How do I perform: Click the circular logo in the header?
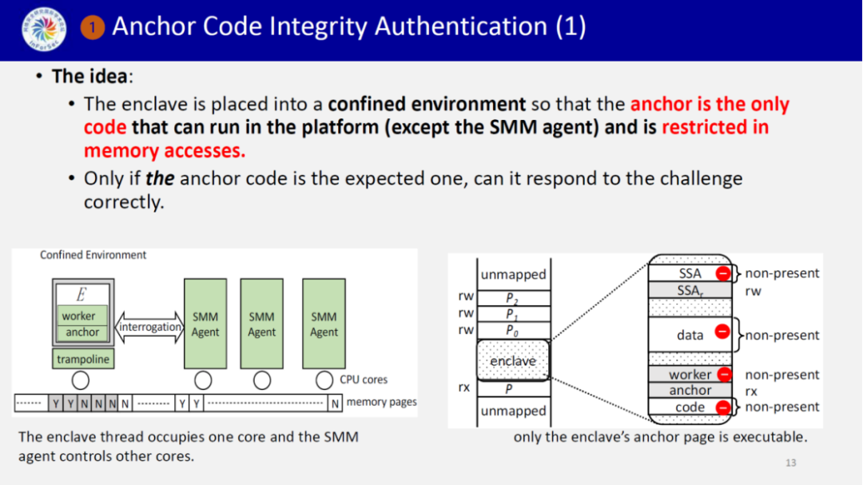(44, 29)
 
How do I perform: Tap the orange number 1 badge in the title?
(93, 28)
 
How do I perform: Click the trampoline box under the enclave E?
(82, 360)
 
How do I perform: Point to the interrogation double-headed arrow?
(149, 327)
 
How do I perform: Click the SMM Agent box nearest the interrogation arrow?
(205, 324)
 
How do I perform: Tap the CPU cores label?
(364, 380)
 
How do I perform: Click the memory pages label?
(381, 402)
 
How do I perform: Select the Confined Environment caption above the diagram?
(93, 255)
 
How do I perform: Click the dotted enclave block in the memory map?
(512, 360)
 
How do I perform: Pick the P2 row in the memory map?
(512, 298)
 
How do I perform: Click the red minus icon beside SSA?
(722, 273)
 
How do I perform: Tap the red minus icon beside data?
(722, 331)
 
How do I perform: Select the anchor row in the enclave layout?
(690, 390)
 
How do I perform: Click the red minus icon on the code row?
(722, 407)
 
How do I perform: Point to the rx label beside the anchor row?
(752, 392)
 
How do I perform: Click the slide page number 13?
(791, 463)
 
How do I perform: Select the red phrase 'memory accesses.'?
(165, 150)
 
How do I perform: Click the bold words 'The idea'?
(89, 77)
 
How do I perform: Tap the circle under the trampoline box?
(81, 380)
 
